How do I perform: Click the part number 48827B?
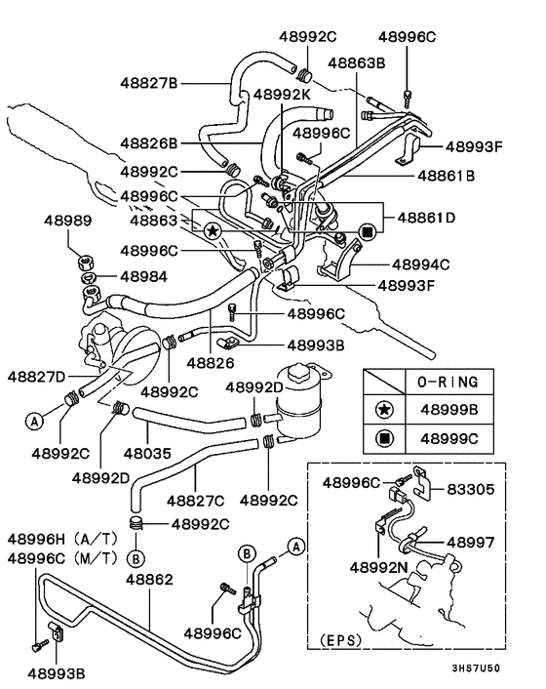148,83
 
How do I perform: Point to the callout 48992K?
283,95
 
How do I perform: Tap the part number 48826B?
148,142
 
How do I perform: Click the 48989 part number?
66,222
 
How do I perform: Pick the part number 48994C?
420,263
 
